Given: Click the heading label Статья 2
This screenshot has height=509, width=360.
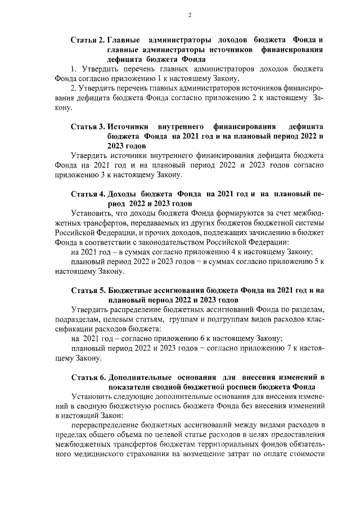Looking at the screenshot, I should coord(87,40).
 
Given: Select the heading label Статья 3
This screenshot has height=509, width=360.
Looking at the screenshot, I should coord(87,127).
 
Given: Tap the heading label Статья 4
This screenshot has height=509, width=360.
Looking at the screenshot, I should coord(87,193).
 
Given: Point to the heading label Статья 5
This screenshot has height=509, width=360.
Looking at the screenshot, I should coord(87,290).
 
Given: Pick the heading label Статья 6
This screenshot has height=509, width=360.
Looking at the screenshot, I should coord(87,376).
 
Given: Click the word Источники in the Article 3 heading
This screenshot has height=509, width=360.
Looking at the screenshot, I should coord(128,127).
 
